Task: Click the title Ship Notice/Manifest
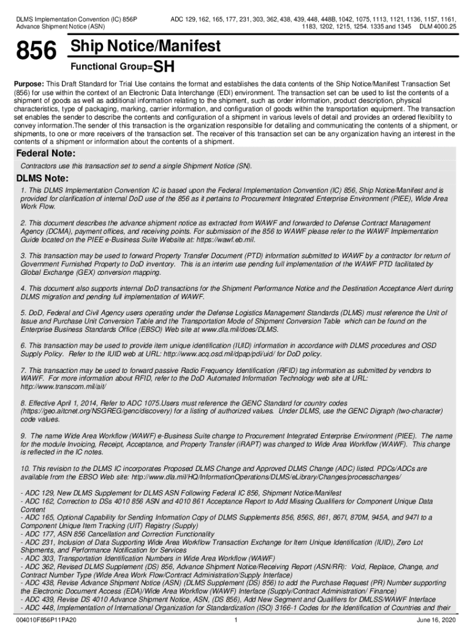tap(145, 47)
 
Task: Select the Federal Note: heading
tap(45, 153)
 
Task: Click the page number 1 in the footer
tap(236, 620)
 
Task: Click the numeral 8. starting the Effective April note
tap(24, 403)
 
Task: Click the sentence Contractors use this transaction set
tap(136, 166)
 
